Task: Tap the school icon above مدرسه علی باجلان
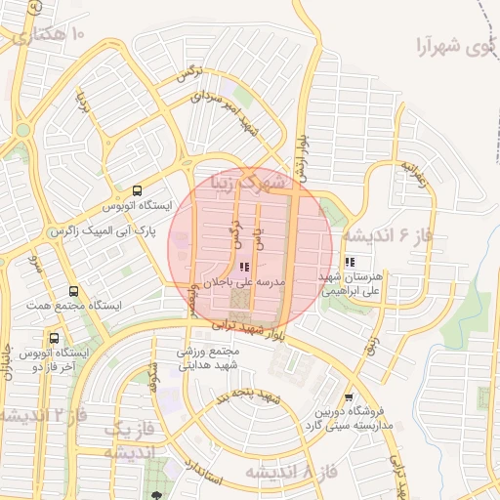pos(243,267)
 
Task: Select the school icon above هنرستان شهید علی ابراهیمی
pos(350,263)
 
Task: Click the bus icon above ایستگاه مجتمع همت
pos(74,292)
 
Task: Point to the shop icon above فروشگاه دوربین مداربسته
pos(350,396)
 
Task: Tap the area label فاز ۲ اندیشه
pos(43,416)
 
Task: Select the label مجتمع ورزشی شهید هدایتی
pos(209,358)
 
